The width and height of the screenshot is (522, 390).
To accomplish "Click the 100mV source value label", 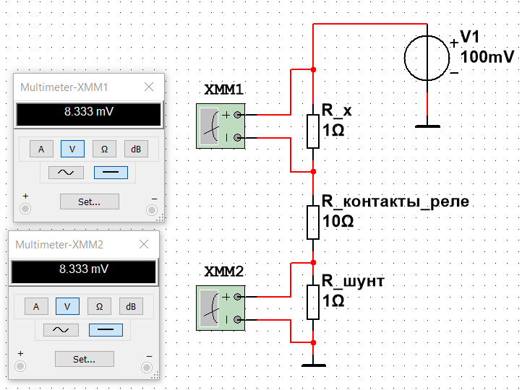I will [x=487, y=56].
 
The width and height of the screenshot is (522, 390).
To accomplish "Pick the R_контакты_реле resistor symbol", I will [x=312, y=222].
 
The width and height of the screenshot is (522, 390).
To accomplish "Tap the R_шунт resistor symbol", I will [x=312, y=302].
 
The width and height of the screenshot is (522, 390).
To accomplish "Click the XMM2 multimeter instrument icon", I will [x=221, y=308].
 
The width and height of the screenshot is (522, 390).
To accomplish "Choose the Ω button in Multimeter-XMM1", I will [x=104, y=149].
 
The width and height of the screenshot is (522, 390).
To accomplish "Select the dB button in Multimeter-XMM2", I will [x=131, y=306].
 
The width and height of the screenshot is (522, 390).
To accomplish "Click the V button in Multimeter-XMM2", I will [x=67, y=306].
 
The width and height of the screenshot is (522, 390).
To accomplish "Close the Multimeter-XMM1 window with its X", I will [x=150, y=87].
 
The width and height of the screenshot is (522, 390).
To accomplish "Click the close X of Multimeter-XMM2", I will [x=145, y=245].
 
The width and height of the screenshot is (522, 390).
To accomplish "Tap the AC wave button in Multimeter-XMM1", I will [x=66, y=173].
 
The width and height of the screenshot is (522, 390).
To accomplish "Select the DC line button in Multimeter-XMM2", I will [x=106, y=330].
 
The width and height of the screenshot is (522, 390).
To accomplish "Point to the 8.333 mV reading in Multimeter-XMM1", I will [x=89, y=113].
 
